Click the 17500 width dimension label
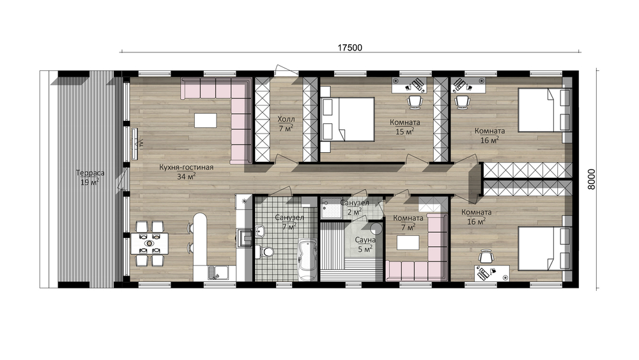point(350,48)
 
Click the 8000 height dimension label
point(592,180)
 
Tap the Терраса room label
point(90,173)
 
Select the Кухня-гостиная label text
point(186,168)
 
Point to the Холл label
point(286,120)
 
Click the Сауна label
point(365,240)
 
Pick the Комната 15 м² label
point(404,127)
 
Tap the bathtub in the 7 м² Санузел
point(308,260)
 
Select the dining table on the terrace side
point(150,244)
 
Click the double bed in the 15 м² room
point(347,119)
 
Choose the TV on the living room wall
point(135,144)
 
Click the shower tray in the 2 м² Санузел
point(330,208)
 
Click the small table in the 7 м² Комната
point(408,242)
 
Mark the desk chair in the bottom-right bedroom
point(486,256)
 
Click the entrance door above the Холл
point(286,69)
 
